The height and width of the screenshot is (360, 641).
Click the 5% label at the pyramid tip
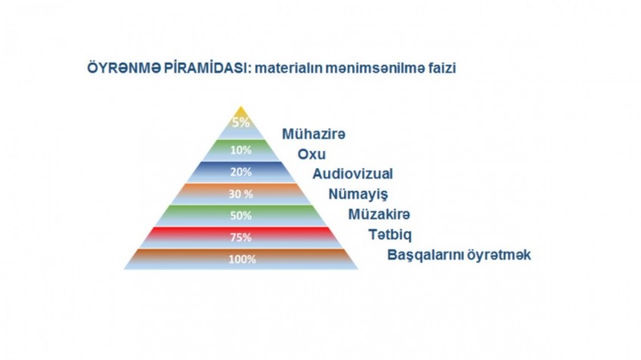click(241, 122)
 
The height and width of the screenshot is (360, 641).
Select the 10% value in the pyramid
click(241, 150)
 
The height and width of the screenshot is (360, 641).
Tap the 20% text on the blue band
click(241, 172)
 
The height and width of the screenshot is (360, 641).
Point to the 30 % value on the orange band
click(241, 194)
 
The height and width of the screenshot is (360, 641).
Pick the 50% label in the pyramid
click(241, 215)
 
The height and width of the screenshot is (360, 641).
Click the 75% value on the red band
click(241, 237)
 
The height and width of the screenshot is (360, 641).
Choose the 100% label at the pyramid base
click(242, 259)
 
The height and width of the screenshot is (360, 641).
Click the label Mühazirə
click(314, 134)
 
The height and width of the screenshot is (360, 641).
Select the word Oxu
click(311, 154)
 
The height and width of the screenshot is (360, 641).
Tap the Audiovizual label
click(353, 174)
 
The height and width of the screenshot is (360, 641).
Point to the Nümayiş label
click(358, 194)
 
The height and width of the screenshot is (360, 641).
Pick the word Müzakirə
click(379, 214)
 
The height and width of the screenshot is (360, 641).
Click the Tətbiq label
click(390, 235)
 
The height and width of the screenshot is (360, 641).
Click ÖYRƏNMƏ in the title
click(124, 68)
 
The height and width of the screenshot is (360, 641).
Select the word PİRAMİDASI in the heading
click(208, 68)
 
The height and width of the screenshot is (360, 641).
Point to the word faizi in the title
click(442, 68)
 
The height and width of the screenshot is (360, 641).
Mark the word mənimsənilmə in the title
click(376, 68)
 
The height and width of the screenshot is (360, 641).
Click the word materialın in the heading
click(288, 68)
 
